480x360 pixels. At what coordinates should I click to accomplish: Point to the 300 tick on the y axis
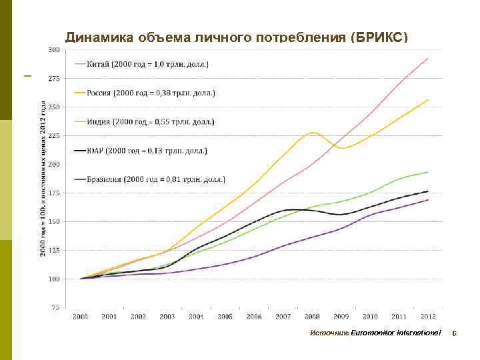pos(54,49)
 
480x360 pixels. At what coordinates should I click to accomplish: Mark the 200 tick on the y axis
pos(54,164)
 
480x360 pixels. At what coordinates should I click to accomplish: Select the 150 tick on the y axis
pos(54,221)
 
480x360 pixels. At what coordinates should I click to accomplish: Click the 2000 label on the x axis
pos(80,317)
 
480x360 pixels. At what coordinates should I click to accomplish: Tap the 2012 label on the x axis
pos(427,317)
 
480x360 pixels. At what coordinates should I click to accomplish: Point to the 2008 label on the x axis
pos(311,317)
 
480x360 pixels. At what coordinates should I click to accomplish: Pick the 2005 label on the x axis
pos(225,317)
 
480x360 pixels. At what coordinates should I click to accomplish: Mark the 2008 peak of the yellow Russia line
pos(313,133)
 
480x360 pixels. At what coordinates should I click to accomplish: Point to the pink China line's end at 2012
pos(427,58)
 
